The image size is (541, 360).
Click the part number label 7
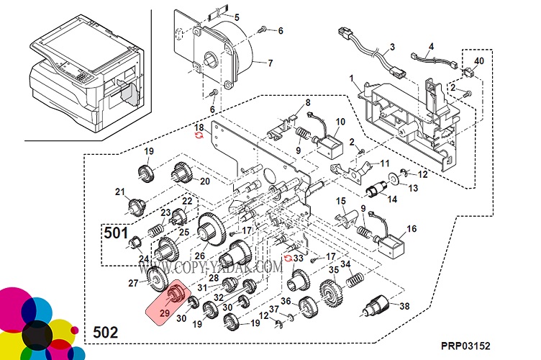270,63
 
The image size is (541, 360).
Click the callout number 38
404,306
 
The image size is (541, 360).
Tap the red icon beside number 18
200,135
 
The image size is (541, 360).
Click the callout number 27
132,284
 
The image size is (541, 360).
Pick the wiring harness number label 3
393,48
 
